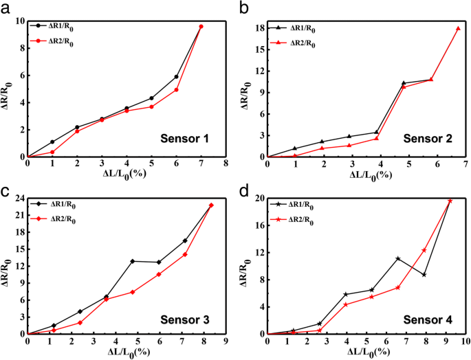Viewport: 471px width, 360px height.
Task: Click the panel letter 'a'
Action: click(x=6, y=6)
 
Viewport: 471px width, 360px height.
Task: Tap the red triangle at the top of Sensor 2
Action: click(x=458, y=28)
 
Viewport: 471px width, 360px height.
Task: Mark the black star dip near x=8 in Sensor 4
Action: click(x=424, y=275)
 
